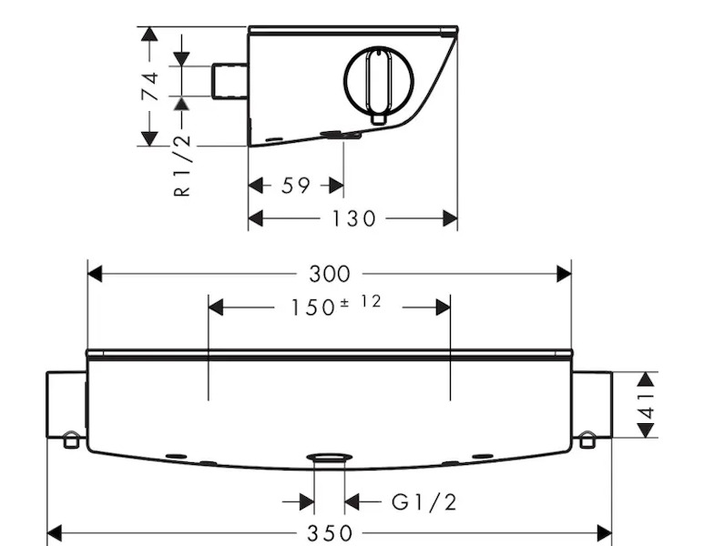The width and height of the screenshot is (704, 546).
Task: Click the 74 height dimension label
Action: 150,86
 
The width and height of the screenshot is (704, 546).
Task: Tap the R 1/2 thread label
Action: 182,165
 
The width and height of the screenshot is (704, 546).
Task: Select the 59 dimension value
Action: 295,186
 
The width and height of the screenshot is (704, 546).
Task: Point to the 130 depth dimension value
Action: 353,218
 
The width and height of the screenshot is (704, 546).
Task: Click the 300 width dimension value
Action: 329,274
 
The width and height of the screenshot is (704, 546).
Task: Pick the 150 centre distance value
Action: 313,308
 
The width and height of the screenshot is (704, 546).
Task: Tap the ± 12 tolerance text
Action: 361,301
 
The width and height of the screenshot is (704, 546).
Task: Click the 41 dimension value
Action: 647,405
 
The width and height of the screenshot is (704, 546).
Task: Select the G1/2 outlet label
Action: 423,502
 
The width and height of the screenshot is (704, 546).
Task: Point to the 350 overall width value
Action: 330,533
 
